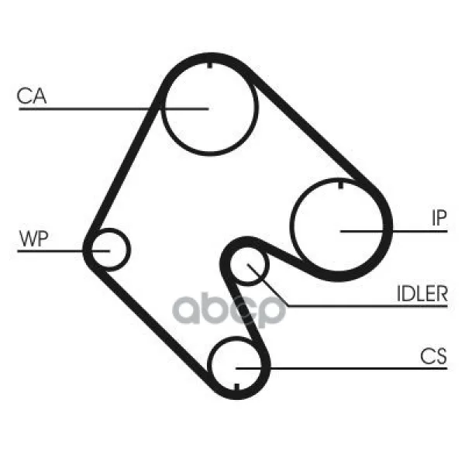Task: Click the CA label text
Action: [32, 96]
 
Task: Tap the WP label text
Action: [33, 239]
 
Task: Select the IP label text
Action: [439, 218]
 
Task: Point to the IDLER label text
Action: [422, 294]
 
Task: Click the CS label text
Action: [433, 356]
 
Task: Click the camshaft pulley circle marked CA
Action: [210, 108]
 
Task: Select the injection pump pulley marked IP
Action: [339, 228]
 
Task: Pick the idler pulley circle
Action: [249, 265]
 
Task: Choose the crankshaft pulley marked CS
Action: [236, 366]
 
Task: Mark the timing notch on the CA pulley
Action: [210, 65]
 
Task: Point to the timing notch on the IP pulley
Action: [341, 185]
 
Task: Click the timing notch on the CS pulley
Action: [236, 387]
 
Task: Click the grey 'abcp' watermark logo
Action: [229, 310]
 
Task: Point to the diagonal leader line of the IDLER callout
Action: [268, 284]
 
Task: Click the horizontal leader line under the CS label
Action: [341, 369]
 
